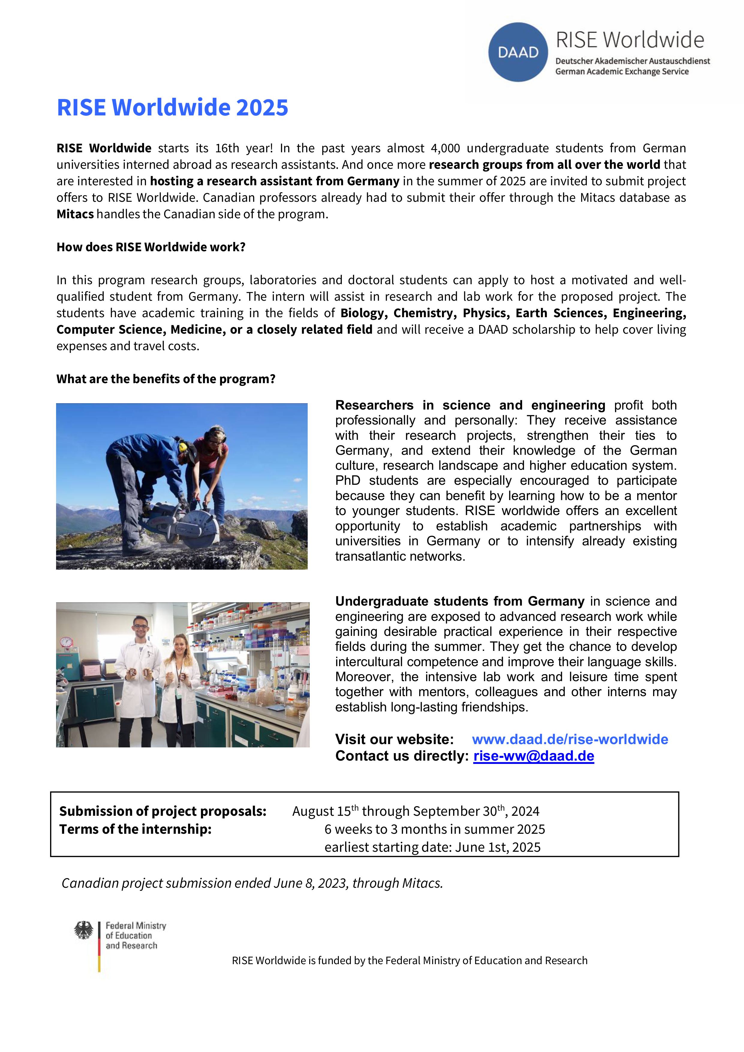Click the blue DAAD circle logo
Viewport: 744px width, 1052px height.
518,52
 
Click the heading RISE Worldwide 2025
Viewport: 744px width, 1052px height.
172,108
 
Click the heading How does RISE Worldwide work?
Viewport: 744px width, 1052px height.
151,247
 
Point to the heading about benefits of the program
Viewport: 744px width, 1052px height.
166,379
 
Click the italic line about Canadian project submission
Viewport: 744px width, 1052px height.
252,883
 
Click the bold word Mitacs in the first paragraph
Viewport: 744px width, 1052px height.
75,214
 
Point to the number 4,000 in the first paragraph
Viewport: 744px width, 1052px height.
445,148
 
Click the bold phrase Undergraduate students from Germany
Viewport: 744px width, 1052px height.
460,601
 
